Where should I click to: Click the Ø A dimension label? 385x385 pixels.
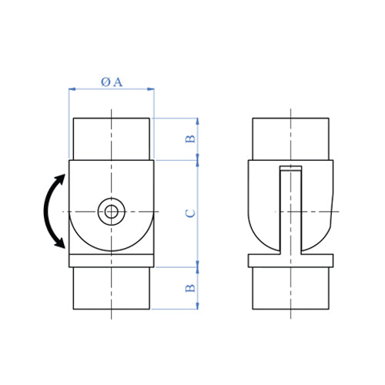[112, 82]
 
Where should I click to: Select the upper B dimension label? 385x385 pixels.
[190, 139]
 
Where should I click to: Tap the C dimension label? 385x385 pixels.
[190, 213]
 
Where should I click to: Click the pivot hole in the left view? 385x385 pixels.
[112, 211]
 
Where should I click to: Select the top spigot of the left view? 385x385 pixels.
[112, 139]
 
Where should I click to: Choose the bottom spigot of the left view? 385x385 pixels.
[112, 288]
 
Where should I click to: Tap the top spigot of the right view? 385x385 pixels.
[290, 139]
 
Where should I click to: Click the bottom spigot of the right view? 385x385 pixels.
[290, 288]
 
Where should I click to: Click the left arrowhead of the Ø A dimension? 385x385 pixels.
[72, 89]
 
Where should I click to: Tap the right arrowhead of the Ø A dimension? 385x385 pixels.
[151, 89]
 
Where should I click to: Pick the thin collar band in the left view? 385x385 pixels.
[112, 261]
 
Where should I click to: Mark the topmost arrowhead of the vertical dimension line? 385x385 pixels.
[198, 121]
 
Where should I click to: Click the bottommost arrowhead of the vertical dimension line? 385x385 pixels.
[198, 306]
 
